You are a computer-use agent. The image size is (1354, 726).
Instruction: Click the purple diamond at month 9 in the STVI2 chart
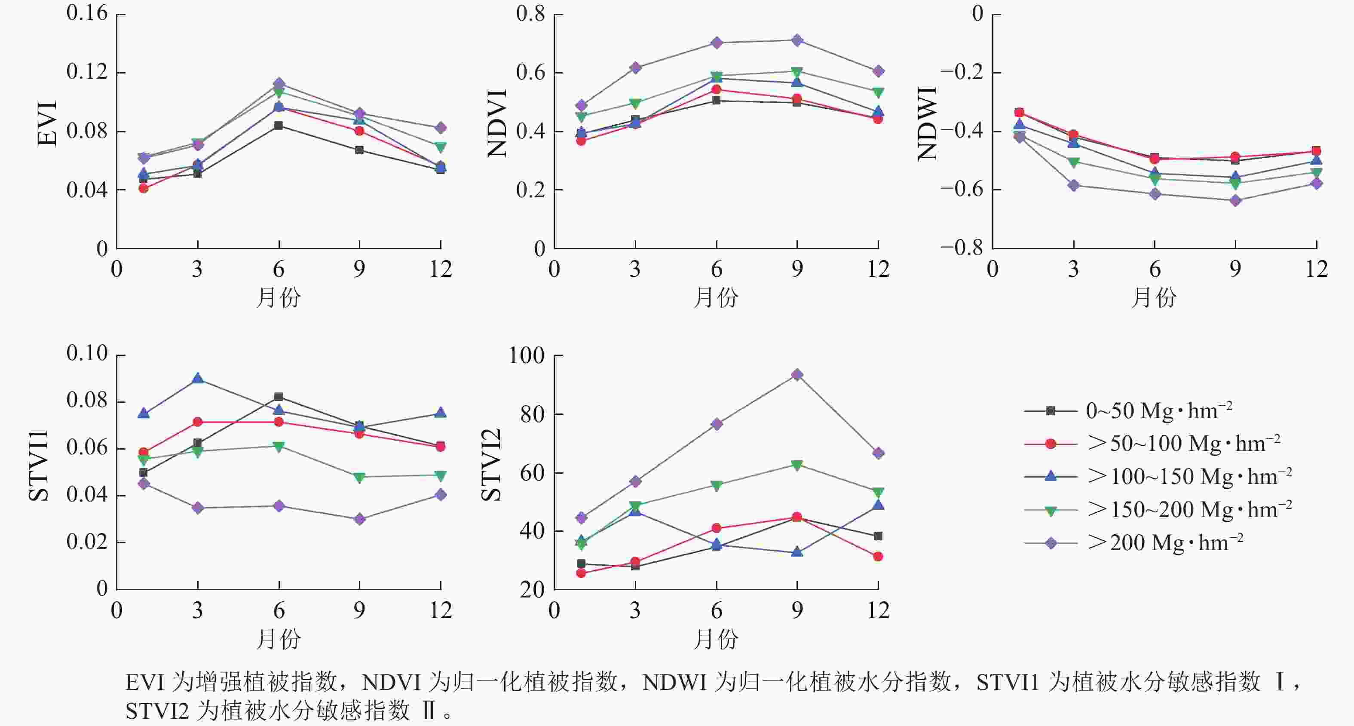coord(797,374)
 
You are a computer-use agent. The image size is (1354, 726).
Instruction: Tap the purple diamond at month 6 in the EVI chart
coord(279,83)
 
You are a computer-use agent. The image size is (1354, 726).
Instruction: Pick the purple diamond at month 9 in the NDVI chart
coord(797,40)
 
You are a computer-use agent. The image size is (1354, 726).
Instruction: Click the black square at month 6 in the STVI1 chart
coord(279,396)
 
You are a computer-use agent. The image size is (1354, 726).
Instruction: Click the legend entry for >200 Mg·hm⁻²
coord(1165,542)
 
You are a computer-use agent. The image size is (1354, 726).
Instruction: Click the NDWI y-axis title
coord(927,123)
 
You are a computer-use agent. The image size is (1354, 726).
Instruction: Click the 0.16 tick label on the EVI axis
coord(87,13)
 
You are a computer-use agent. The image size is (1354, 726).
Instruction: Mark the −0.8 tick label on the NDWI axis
coord(962,247)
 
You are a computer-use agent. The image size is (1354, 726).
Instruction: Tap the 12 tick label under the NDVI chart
coord(878,269)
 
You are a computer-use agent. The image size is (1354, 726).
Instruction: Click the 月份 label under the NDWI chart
coord(1154,297)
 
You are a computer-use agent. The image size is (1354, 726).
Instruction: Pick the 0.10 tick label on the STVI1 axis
coord(87,353)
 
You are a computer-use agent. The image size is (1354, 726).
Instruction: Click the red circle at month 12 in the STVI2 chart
coord(878,556)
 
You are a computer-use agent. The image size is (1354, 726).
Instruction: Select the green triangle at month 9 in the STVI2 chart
coord(797,465)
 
